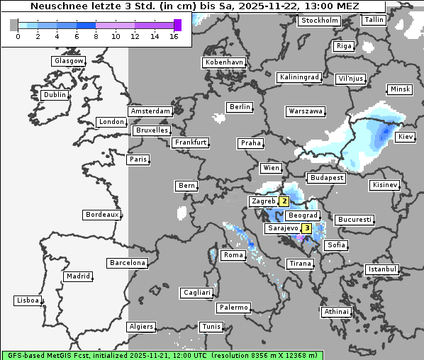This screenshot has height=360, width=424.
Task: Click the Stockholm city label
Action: click(319, 20)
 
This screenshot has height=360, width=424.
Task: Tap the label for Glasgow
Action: click(69, 61)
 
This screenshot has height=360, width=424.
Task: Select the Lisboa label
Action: click(27, 300)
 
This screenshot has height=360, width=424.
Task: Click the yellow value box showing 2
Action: click(284, 201)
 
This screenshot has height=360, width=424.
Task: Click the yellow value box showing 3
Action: click(306, 228)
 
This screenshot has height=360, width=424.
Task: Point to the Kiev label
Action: click(406, 137)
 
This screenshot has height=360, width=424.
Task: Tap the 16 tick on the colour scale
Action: click(174, 36)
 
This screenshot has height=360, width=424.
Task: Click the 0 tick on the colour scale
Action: click(17, 36)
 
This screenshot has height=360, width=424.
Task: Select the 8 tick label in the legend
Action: click(96, 36)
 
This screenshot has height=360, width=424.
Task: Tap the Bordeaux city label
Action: click(101, 214)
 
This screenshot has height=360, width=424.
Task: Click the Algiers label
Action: click(140, 327)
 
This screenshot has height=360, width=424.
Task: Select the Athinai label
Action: click(336, 312)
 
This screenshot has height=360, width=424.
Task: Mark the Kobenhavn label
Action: click(224, 62)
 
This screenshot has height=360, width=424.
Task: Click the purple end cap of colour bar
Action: click(177, 25)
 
